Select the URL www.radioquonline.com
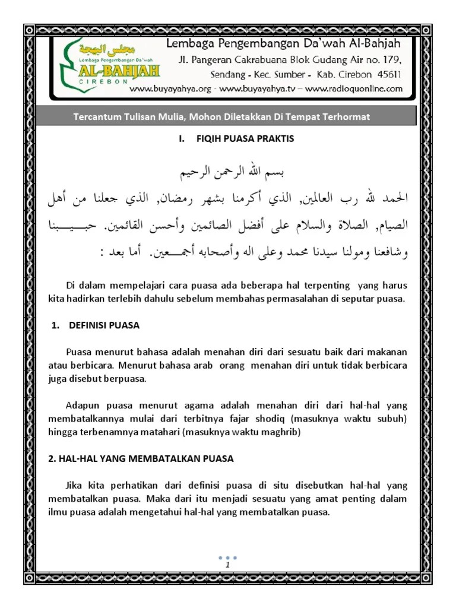[354, 89]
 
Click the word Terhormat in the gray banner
[345, 117]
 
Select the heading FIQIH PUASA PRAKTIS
[244, 139]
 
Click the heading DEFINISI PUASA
[104, 325]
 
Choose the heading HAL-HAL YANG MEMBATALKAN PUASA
[141, 458]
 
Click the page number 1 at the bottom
[227, 565]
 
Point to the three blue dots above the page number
[227, 557]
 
